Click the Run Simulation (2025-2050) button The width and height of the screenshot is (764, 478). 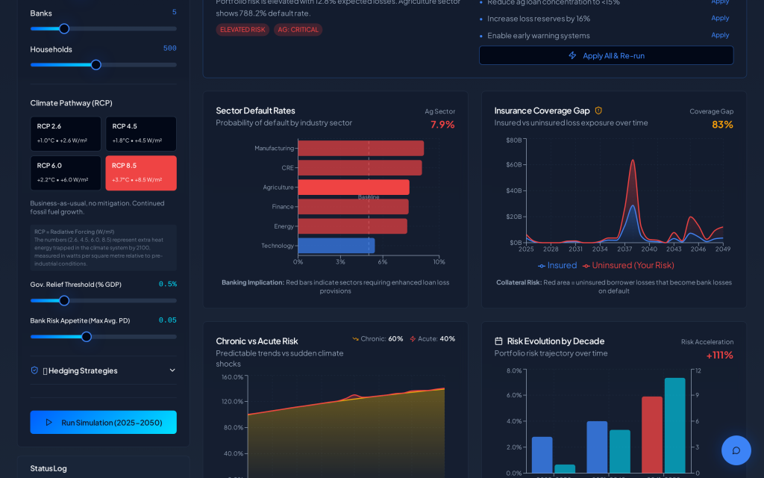coord(104,422)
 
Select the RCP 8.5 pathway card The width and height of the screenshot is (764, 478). coord(141,173)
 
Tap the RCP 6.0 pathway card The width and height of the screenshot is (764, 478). coord(66,173)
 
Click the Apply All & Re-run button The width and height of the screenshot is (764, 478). coord(606,55)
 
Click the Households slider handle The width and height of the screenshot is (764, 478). coord(96,65)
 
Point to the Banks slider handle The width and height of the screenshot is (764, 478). coord(64,29)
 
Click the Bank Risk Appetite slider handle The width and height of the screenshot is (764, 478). coord(87,337)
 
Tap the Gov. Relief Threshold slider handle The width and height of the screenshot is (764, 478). coord(64,301)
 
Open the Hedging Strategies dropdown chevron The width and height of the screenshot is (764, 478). coord(172,370)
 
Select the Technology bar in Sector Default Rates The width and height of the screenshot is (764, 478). coord(336,246)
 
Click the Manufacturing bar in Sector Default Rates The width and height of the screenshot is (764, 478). coord(361,148)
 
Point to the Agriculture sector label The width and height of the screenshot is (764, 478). coord(278,187)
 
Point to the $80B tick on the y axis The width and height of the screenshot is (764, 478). coord(514,140)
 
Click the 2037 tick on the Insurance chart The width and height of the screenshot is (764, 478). coord(624,249)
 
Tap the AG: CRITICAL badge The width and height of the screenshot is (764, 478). coord(298,30)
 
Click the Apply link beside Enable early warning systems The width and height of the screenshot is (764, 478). coord(720,35)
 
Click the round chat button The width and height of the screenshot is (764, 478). coord(736,450)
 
